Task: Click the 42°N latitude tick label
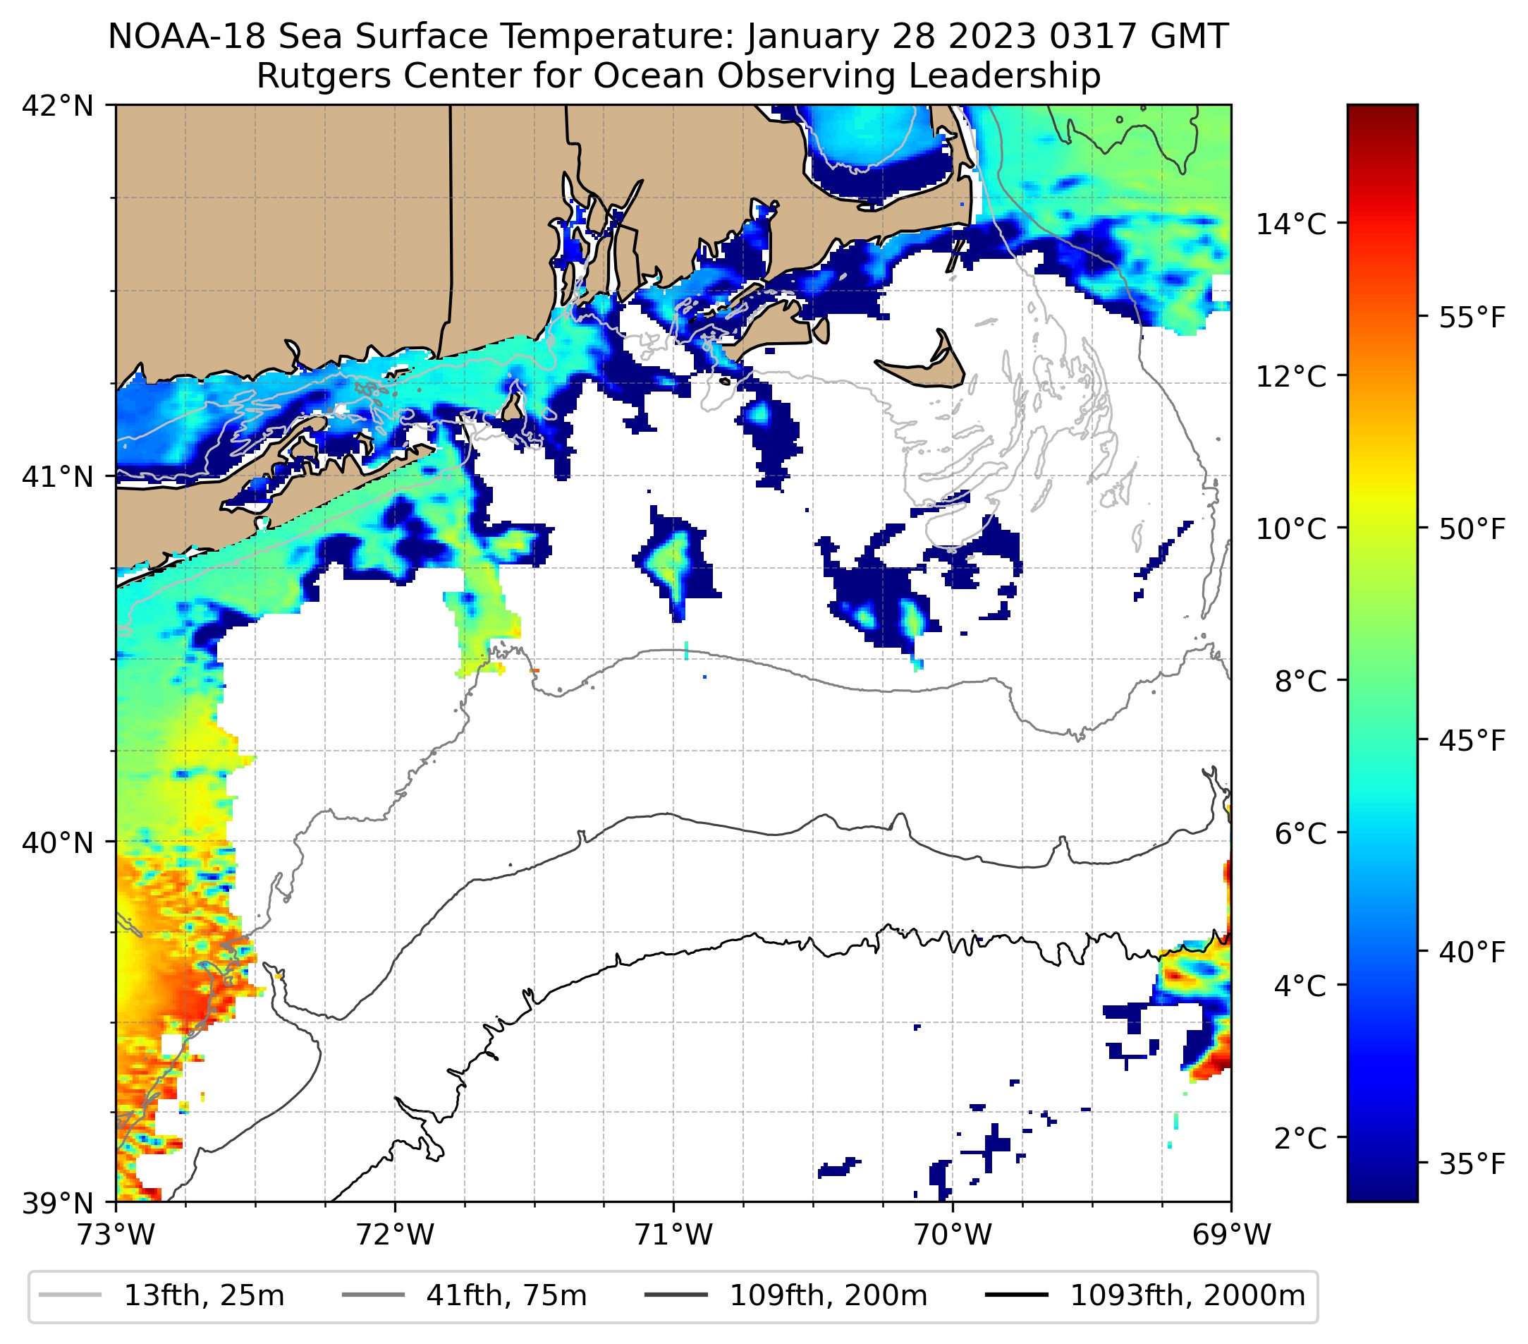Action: [58, 107]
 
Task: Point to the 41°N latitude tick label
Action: [58, 476]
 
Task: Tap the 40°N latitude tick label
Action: [58, 842]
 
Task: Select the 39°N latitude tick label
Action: [58, 1203]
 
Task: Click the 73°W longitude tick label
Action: [116, 1235]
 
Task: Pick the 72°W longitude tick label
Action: [395, 1235]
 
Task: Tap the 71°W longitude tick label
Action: [673, 1235]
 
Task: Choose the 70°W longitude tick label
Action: [953, 1235]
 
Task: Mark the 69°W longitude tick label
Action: [1231, 1235]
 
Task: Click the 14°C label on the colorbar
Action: [1291, 224]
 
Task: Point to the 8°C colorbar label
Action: [1300, 682]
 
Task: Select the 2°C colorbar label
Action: [1300, 1137]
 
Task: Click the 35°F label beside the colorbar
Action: [1472, 1165]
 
